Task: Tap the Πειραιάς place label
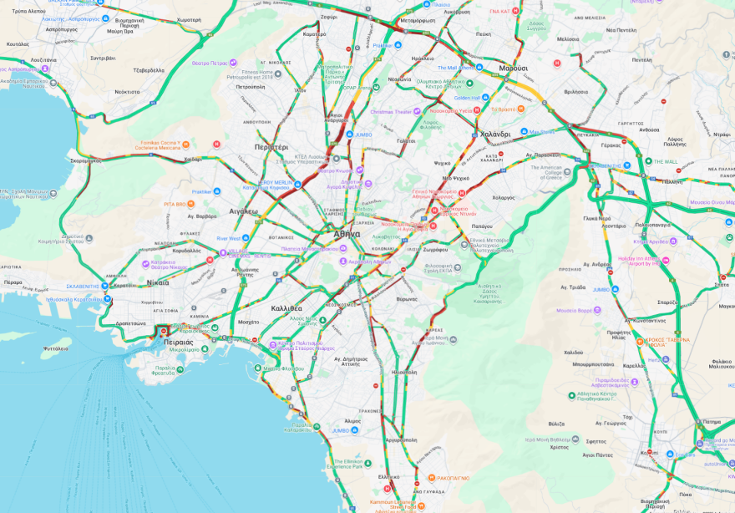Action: pos(179,342)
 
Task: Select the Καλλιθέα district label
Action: pos(286,308)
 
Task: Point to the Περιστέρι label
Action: pos(271,147)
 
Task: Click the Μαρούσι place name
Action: pos(513,68)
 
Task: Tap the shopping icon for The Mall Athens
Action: pos(479,68)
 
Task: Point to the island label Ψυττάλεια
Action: pos(55,348)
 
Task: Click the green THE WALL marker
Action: pos(648,161)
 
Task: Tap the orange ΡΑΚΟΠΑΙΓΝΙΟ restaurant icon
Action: pos(432,478)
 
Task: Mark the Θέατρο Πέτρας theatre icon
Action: pos(233,63)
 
